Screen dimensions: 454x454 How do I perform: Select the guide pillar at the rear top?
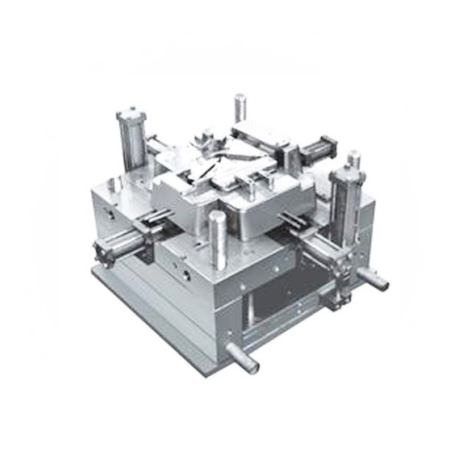[x=239, y=108]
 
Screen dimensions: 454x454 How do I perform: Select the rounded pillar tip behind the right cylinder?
[x=354, y=155]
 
